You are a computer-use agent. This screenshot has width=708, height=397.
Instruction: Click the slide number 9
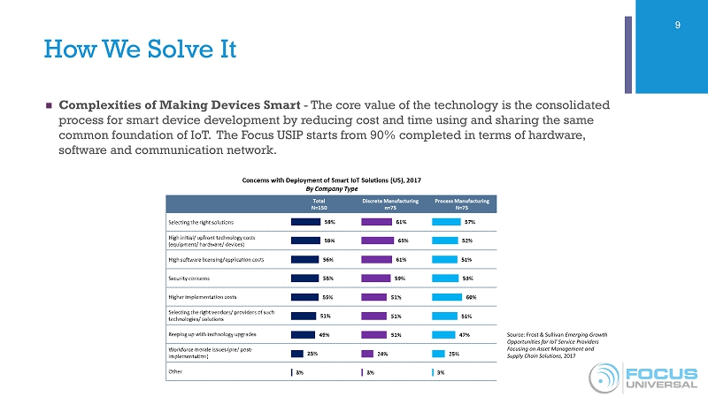click(677, 25)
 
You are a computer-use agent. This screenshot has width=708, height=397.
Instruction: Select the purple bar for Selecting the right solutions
click(377, 222)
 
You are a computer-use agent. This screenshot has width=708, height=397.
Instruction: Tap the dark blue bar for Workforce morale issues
click(297, 353)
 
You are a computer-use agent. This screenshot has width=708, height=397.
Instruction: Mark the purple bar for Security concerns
click(377, 278)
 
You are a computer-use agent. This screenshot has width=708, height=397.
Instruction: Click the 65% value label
click(403, 240)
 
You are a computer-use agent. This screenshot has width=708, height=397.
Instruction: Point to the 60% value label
click(471, 296)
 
